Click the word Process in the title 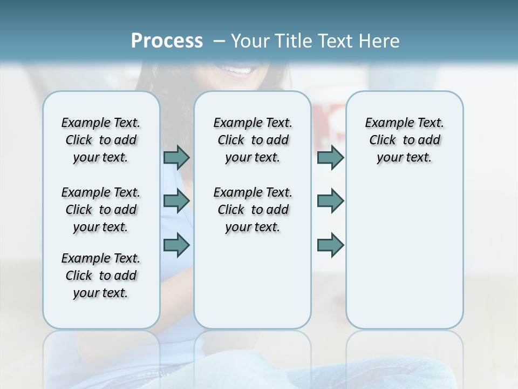[167, 41]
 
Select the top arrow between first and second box [176, 157]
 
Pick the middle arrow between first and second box [176, 201]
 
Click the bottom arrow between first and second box [176, 245]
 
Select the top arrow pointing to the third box [330, 157]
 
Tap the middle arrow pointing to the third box [330, 201]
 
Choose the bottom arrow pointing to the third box [330, 245]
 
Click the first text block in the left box [101, 140]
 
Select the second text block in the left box [101, 210]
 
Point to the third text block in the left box [101, 276]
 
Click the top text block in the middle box [253, 140]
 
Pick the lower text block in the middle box [253, 210]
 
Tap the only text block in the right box [404, 140]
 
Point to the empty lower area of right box [404, 254]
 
